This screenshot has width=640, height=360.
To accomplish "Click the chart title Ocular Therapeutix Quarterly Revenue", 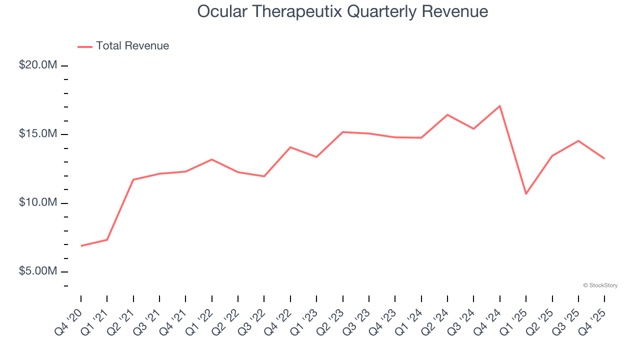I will pos(342,11).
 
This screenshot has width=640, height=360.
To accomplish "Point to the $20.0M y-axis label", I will pos(38,65).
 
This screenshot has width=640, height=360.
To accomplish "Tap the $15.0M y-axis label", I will pos(38,134).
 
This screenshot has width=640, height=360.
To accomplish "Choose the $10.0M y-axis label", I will pos(38,202).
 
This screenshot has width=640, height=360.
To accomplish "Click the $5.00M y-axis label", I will pos(38,271).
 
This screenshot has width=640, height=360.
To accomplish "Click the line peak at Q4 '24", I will pos(500,106).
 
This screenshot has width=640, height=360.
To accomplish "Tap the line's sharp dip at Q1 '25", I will pos(526,193).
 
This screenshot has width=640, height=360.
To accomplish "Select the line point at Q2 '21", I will pos(133,179).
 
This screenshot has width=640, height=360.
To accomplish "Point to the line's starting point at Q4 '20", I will pos(81,246).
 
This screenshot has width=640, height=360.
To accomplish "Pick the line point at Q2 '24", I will pos(447,115).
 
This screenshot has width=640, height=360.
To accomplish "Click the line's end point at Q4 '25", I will pos(604,158).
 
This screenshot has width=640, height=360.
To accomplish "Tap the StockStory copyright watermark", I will pos(600,285).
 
